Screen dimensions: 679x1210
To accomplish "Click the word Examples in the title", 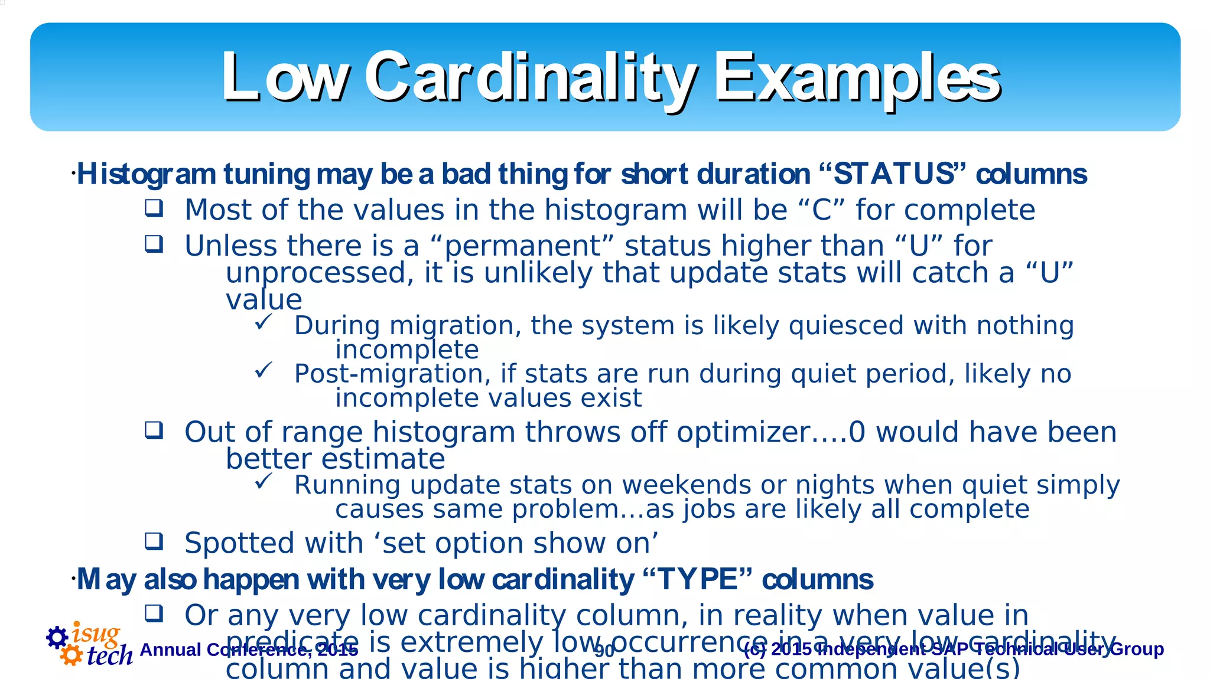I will coord(857,77).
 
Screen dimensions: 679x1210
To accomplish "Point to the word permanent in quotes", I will coord(522,246).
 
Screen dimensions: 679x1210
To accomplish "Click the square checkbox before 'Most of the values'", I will coord(154,208).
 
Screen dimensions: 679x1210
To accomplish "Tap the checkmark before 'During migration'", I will coord(263,322).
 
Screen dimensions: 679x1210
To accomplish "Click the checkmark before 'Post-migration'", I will coord(263,371).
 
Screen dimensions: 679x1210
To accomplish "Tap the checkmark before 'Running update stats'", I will coord(263,482).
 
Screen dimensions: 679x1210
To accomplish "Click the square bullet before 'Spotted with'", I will coord(154,541).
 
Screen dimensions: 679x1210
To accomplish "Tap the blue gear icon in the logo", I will coord(57,637).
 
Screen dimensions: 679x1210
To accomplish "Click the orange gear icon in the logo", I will coord(71,655).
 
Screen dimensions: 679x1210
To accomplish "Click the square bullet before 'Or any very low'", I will coord(154,613).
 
